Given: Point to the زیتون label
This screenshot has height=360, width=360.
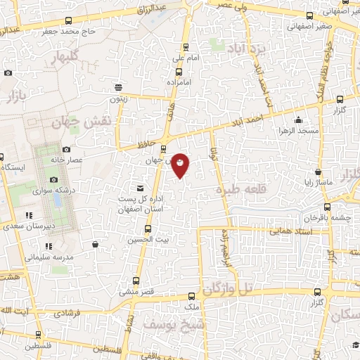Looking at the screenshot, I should (x=117, y=99).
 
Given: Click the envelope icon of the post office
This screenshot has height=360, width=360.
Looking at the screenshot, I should (x=139, y=188).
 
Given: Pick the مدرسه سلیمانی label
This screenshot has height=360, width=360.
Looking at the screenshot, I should (x=49, y=257).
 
